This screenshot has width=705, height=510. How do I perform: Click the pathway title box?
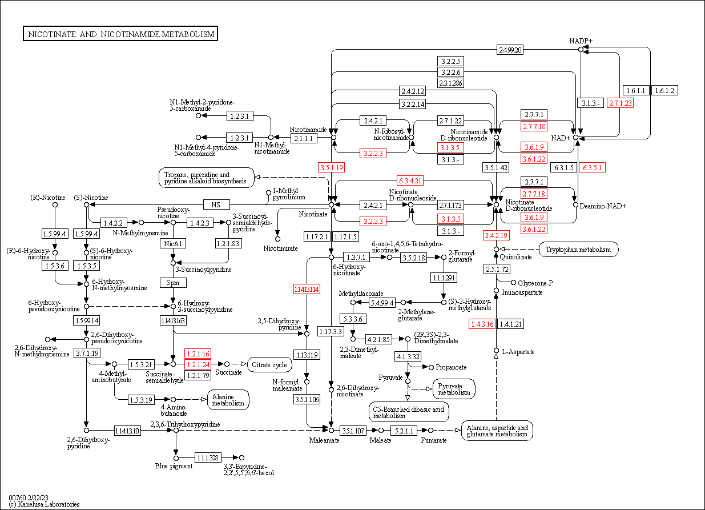click(120, 34)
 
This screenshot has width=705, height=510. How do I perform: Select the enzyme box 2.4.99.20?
click(510, 50)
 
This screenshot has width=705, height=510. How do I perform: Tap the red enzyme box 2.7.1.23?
click(621, 103)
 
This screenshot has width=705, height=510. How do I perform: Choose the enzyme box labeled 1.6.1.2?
click(664, 90)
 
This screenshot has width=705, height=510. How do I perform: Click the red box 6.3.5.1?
click(592, 167)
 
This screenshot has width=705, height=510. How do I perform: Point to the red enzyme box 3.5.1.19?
click(331, 167)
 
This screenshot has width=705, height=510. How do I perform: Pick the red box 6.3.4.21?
click(410, 181)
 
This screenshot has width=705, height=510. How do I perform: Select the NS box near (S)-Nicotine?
click(216, 204)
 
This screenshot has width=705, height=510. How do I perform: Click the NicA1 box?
click(172, 244)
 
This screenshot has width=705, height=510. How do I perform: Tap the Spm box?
click(172, 283)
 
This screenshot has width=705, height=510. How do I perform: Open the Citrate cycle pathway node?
click(270, 364)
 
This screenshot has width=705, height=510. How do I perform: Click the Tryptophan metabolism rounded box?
click(578, 249)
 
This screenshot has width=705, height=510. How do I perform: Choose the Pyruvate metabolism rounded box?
click(454, 389)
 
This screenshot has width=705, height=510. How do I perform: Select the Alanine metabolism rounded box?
click(228, 399)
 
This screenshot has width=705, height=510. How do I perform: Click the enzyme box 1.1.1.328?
click(208, 457)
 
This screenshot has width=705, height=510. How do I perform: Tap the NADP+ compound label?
click(581, 41)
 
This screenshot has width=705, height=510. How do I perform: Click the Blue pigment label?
click(174, 466)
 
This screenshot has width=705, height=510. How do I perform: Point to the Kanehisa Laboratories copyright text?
click(44, 504)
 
